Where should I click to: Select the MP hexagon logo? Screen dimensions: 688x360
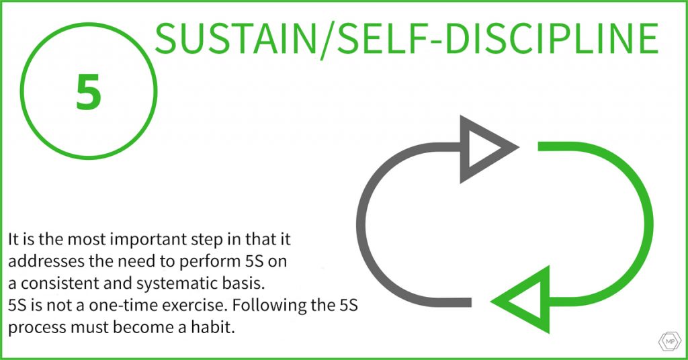click(x=670, y=342)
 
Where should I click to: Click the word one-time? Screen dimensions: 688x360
click(x=121, y=305)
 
